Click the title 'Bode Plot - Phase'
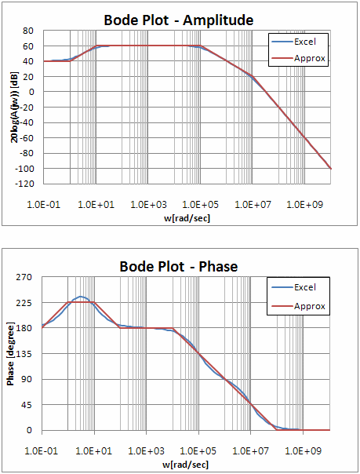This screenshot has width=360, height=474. point(178,266)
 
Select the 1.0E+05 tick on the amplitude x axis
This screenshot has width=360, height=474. point(200,204)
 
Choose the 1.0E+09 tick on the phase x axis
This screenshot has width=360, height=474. point(304,451)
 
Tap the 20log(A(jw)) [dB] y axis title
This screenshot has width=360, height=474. point(14,106)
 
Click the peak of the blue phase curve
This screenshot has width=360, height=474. point(80,297)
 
